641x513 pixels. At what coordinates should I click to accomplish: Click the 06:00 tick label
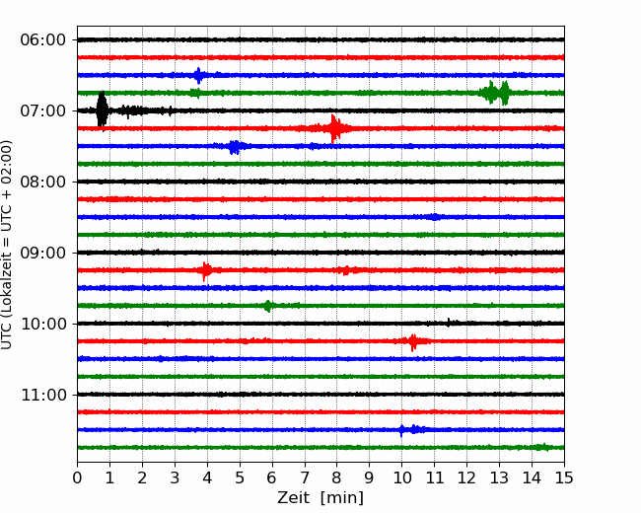pyautogui.click(x=43, y=40)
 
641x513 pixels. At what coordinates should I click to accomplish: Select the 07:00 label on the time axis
pyautogui.click(x=43, y=110)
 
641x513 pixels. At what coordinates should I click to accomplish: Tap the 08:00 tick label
pyautogui.click(x=43, y=183)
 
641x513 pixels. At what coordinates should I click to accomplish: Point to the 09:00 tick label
pyautogui.click(x=43, y=253)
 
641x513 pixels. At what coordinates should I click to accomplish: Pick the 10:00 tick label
pyautogui.click(x=43, y=324)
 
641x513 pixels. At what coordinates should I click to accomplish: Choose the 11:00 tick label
pyautogui.click(x=43, y=396)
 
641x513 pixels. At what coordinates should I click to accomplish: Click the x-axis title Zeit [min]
pyautogui.click(x=320, y=498)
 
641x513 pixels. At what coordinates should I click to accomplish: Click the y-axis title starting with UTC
pyautogui.click(x=7, y=245)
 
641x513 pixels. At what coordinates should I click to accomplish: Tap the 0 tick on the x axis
pyautogui.click(x=77, y=477)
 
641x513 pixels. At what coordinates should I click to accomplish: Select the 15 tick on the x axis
pyautogui.click(x=564, y=477)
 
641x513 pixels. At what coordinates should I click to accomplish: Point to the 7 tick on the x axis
pyautogui.click(x=305, y=477)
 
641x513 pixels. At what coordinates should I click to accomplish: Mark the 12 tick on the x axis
pyautogui.click(x=466, y=477)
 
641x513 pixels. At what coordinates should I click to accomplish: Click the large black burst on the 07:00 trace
pyautogui.click(x=102, y=110)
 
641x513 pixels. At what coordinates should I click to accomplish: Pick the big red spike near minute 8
pyautogui.click(x=335, y=128)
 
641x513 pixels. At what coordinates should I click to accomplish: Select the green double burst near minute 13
pyautogui.click(x=495, y=93)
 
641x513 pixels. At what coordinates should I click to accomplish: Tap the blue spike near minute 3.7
pyautogui.click(x=198, y=75)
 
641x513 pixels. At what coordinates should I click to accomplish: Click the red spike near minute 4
pyautogui.click(x=206, y=270)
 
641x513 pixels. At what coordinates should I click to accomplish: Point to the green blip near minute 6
pyautogui.click(x=268, y=306)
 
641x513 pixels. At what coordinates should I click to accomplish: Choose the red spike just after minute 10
pyautogui.click(x=413, y=341)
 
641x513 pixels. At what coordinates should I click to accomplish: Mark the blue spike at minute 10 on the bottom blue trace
pyautogui.click(x=401, y=430)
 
